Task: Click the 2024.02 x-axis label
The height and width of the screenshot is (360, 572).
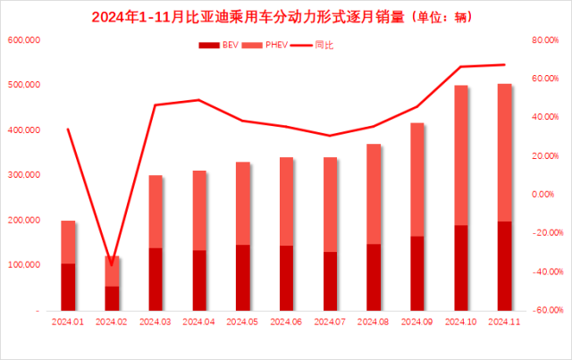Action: (111, 321)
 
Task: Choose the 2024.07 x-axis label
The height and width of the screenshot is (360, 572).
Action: (330, 321)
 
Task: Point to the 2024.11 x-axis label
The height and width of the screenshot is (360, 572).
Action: (504, 321)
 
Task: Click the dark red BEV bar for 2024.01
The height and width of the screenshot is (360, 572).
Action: (68, 287)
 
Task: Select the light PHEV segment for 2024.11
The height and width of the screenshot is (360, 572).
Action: (504, 152)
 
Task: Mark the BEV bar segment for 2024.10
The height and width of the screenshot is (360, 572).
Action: (461, 267)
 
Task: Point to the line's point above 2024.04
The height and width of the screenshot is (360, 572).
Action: (198, 100)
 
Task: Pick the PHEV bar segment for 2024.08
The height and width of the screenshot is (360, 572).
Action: (374, 194)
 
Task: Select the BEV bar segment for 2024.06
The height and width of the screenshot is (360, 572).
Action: (286, 278)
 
